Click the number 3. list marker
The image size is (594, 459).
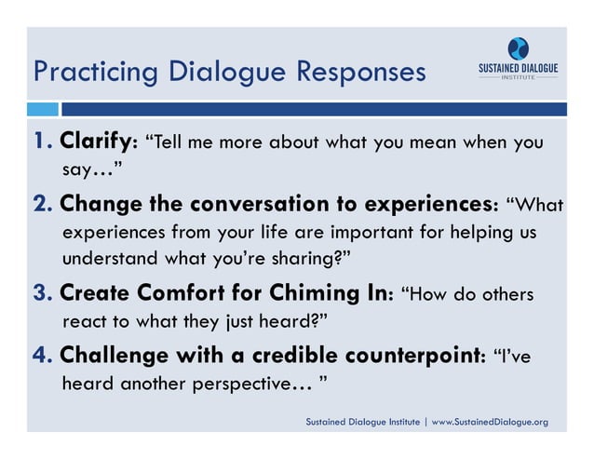(x=44, y=295)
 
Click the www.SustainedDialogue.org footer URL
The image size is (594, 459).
(x=490, y=423)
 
